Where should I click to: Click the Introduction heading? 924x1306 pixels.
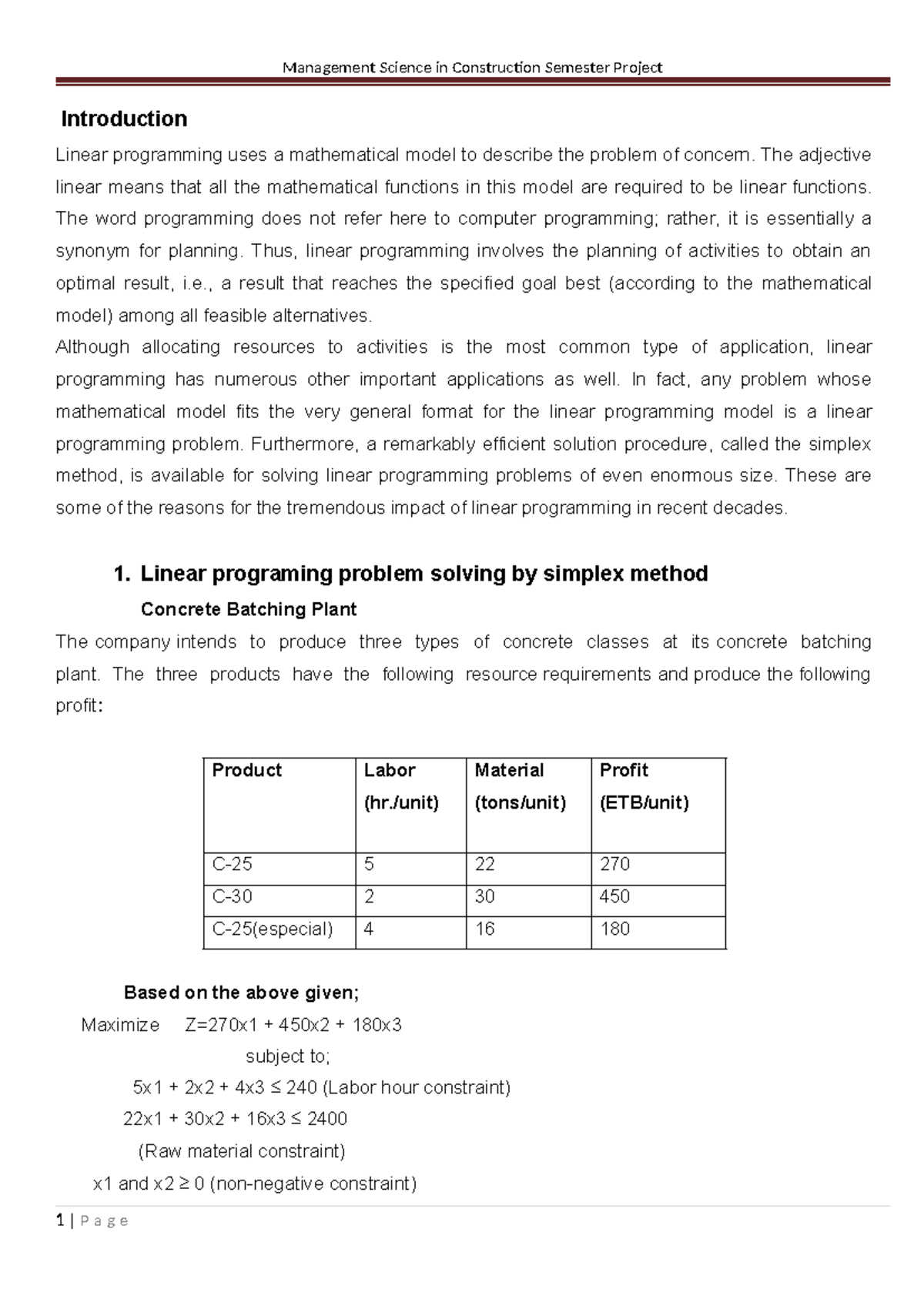[124, 119]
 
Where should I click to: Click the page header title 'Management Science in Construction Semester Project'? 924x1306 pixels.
[472, 68]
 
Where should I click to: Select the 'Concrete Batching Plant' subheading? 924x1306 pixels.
[248, 609]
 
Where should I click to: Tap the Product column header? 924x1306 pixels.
[247, 770]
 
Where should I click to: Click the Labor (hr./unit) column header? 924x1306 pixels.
[401, 786]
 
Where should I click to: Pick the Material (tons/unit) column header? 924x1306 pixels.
[521, 786]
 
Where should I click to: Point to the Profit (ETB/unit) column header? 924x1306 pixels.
[644, 786]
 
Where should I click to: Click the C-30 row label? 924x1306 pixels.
[233, 896]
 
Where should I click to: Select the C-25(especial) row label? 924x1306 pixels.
[273, 929]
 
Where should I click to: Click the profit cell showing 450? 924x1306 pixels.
[614, 896]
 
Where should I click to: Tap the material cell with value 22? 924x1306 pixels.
[485, 864]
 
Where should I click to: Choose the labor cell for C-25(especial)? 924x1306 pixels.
[369, 929]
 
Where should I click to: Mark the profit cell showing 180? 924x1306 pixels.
[614, 929]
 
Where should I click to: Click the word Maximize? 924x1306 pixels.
[120, 1025]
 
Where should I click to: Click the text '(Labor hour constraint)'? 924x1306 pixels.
[417, 1087]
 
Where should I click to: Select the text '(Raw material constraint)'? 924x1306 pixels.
[242, 1151]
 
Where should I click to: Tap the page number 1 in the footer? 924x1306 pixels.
[59, 1221]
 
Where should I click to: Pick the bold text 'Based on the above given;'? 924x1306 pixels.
[241, 993]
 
